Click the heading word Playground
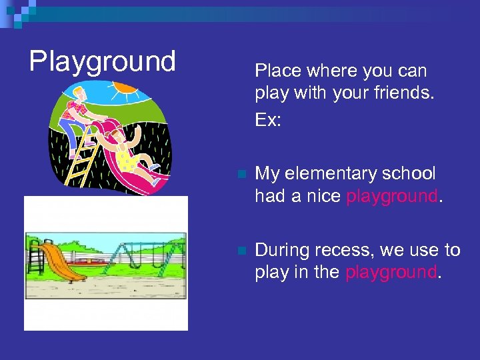pos(102,61)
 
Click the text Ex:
pos(268,120)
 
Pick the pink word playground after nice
pos(392,197)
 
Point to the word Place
pos(277,71)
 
